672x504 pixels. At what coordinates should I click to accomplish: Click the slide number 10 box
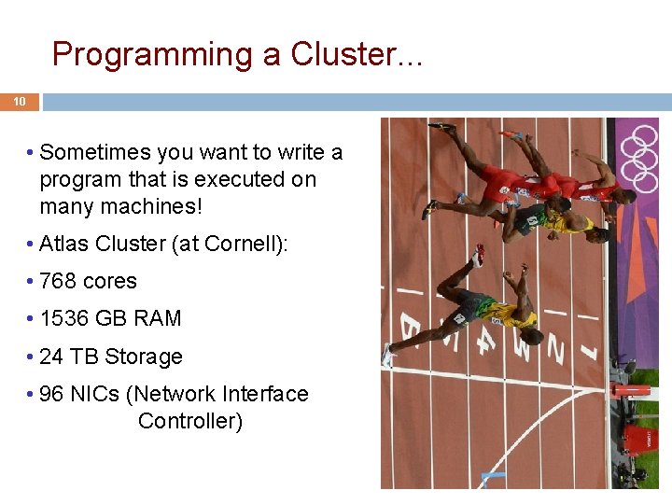[x=19, y=102]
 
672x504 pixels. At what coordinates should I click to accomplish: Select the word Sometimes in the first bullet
[x=97, y=152]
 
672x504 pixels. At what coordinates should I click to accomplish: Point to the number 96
[x=52, y=394]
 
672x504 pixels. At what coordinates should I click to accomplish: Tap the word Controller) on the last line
[x=190, y=421]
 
